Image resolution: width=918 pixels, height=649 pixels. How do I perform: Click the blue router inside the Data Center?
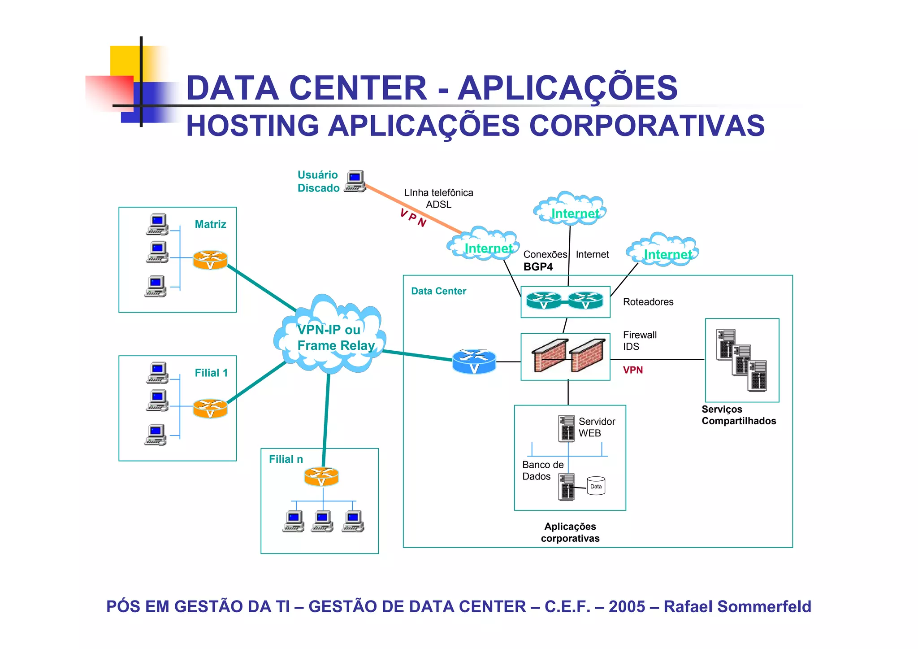tap(474, 362)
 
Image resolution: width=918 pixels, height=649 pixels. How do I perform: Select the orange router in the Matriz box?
tap(210, 260)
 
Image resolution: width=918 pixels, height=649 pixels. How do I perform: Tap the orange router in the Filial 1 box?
tap(210, 408)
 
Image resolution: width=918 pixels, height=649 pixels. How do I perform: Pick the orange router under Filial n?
tap(321, 477)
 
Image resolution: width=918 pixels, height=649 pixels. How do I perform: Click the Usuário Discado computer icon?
tap(355, 182)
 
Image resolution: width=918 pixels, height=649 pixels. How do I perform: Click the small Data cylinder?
tap(596, 486)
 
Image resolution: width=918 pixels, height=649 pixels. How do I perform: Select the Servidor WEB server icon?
tap(567, 428)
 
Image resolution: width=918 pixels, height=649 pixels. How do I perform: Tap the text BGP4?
tap(538, 267)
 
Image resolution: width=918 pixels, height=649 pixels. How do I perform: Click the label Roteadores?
tap(648, 302)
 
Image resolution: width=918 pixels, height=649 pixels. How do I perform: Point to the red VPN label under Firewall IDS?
tap(632, 370)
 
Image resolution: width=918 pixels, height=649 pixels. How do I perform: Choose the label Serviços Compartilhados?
tap(738, 415)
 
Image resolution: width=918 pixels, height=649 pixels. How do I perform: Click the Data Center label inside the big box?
tap(438, 291)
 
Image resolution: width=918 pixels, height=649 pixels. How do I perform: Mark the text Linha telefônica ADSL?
tap(438, 198)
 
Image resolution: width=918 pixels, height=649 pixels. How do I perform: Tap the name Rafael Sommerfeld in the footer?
tap(737, 606)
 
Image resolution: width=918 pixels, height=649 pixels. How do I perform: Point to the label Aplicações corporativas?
tap(570, 532)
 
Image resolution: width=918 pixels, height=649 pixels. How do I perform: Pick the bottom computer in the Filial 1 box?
tap(156, 434)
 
